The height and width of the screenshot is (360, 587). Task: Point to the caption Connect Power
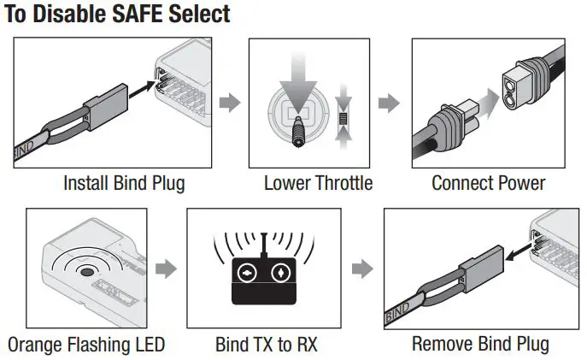[x=488, y=183]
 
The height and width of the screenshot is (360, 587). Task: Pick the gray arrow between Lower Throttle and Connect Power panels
[x=389, y=103]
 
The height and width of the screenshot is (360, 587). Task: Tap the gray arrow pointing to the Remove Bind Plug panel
[x=363, y=269]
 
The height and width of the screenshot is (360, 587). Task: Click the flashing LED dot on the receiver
[x=85, y=271]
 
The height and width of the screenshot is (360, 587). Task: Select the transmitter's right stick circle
[x=280, y=273]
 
